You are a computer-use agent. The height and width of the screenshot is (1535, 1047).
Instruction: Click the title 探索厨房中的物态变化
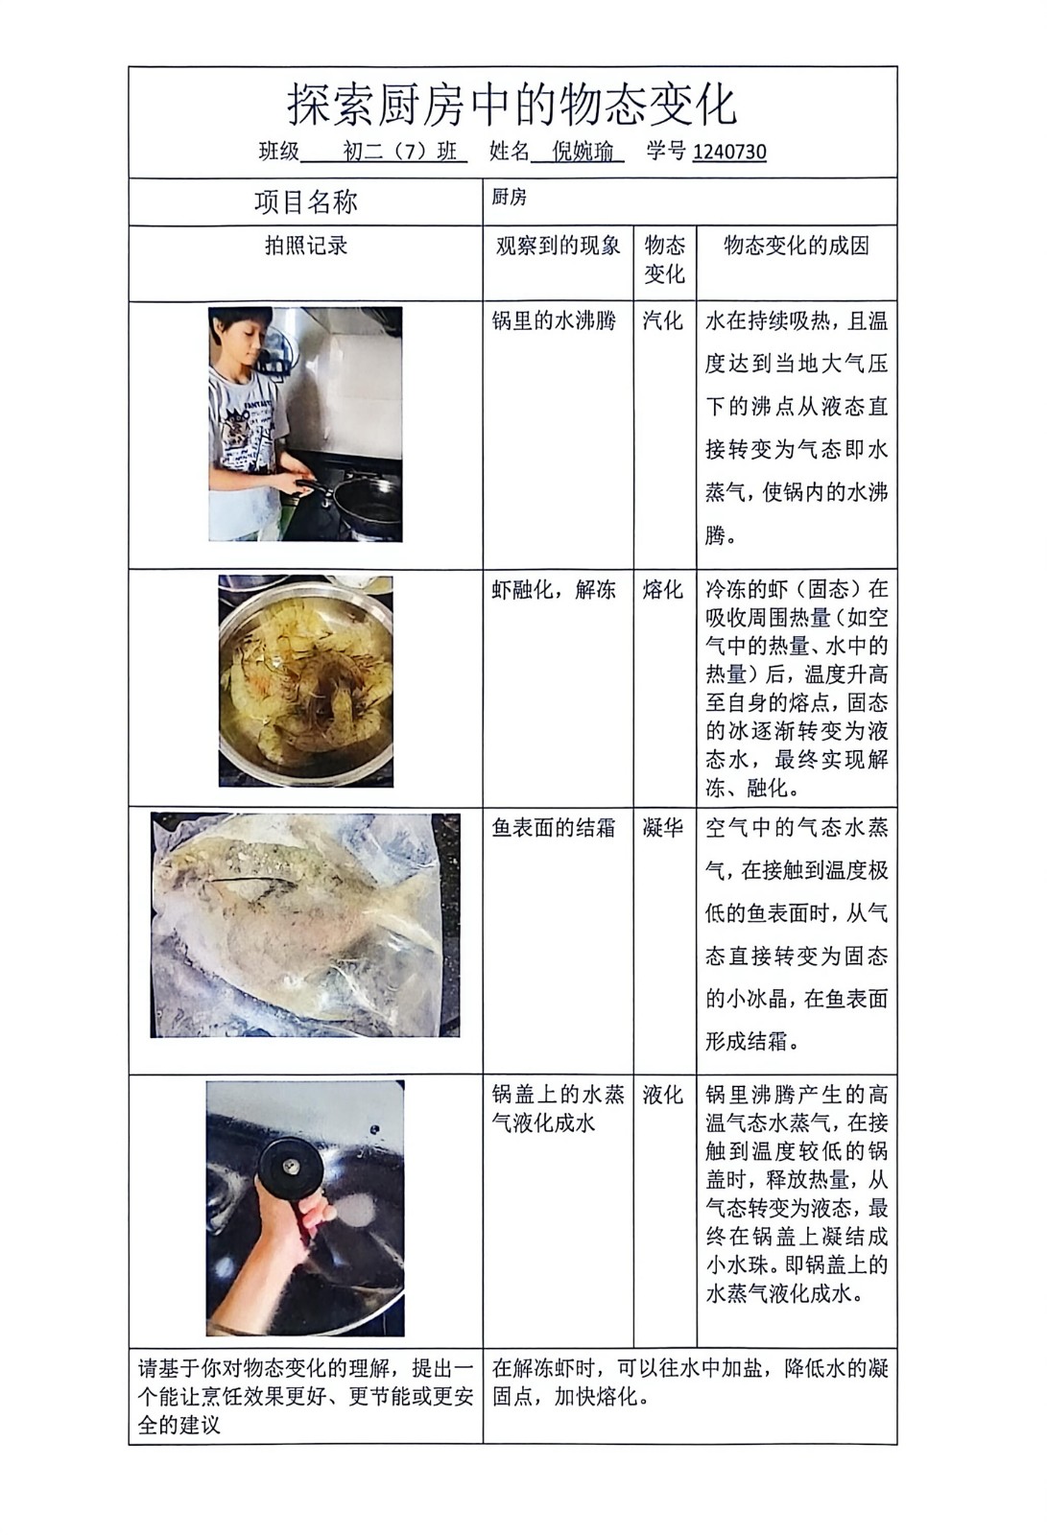[x=512, y=105]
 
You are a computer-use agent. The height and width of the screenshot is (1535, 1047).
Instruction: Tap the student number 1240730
[x=728, y=152]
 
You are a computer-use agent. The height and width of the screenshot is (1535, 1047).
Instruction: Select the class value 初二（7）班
[x=400, y=152]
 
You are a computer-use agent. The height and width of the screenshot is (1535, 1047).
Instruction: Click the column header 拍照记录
[x=306, y=246]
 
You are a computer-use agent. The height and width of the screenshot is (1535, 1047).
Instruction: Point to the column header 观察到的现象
[x=559, y=246]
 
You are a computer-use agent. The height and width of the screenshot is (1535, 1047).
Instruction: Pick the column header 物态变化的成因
[x=797, y=246]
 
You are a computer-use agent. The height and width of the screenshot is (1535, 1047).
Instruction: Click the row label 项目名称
[x=306, y=202]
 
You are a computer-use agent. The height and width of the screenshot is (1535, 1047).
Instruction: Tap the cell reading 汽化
[x=663, y=320]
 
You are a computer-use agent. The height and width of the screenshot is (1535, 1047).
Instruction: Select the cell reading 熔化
[x=663, y=589]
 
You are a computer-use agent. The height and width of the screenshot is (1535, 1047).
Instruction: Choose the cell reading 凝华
[x=663, y=828]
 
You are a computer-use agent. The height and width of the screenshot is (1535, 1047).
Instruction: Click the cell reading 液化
[x=663, y=1095]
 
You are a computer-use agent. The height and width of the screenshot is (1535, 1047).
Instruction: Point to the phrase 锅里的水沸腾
[x=554, y=320]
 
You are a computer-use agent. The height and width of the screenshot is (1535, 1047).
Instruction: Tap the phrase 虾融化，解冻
[x=554, y=589]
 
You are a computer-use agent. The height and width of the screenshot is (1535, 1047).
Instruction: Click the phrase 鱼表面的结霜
[x=554, y=828]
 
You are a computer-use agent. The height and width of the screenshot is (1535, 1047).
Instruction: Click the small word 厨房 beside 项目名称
[x=509, y=198]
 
